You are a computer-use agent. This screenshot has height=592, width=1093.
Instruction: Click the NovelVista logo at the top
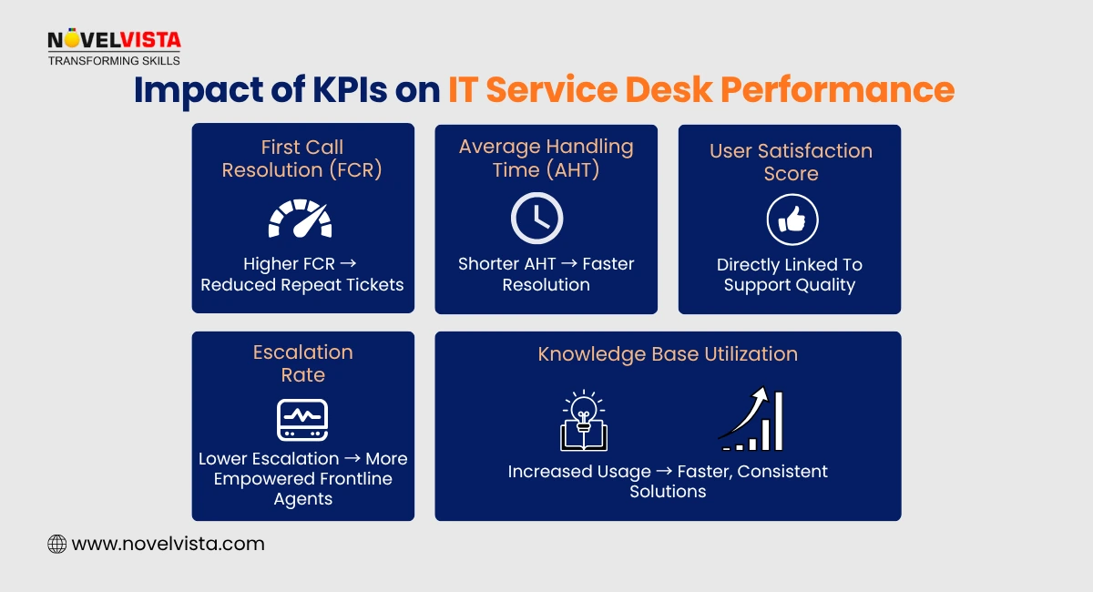(114, 40)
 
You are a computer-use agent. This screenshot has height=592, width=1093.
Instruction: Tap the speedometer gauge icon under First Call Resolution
(301, 219)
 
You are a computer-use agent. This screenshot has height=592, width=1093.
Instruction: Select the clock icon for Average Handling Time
(536, 219)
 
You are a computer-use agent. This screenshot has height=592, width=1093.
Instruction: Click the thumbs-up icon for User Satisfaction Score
(792, 220)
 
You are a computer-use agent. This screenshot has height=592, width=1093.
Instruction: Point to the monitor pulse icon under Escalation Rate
(302, 420)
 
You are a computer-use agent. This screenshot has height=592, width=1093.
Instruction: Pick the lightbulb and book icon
(583, 421)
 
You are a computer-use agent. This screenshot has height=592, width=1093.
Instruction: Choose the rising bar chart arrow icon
(751, 420)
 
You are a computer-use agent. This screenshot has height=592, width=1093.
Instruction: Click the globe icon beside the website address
(56, 545)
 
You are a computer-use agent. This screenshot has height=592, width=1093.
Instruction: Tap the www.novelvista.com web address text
(168, 545)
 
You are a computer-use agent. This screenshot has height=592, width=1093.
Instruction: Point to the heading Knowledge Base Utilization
(668, 354)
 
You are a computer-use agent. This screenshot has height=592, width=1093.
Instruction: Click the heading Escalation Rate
(302, 363)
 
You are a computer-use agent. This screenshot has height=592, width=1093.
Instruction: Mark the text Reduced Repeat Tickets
(302, 284)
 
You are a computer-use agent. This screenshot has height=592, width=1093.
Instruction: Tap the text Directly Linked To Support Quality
(790, 275)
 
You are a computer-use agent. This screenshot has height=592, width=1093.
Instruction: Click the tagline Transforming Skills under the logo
(114, 60)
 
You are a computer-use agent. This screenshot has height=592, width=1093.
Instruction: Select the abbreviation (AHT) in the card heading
(571, 169)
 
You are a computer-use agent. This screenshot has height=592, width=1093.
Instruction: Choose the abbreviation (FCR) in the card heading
(352, 169)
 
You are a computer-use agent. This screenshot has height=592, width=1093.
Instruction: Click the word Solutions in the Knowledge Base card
(668, 492)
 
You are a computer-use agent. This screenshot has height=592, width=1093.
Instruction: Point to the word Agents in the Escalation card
(302, 499)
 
